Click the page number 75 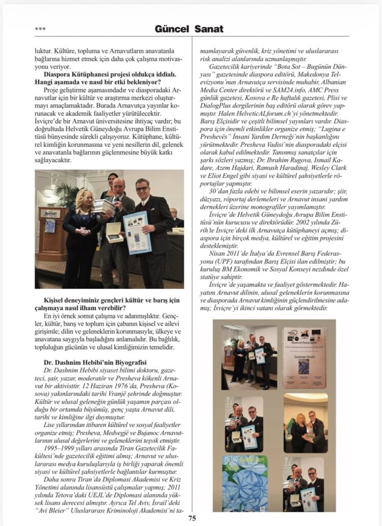[192, 518]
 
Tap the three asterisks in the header [40, 29]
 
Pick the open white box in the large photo [114, 232]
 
